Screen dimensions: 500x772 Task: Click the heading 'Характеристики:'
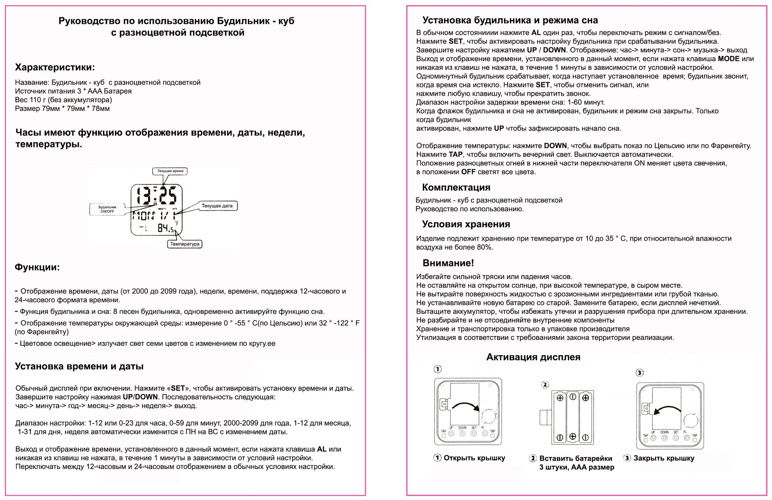[54, 68]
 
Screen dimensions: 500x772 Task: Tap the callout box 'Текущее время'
[170, 171]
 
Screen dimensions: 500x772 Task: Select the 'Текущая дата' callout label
[217, 206]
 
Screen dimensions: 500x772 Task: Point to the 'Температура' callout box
[185, 244]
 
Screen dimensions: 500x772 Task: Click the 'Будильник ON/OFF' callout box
[107, 209]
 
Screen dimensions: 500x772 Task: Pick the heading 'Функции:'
[37, 267]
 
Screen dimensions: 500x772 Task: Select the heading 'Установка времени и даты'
[79, 366]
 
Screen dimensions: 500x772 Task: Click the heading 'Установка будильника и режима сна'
[510, 20]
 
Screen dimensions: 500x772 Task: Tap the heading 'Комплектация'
[456, 187]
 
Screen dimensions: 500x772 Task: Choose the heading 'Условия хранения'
[466, 224]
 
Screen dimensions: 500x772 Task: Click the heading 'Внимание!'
[448, 263]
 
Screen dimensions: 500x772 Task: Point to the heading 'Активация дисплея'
[533, 357]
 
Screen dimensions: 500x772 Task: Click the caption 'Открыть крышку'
[474, 458]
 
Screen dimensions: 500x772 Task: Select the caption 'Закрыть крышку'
[664, 458]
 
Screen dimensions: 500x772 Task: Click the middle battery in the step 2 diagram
[573, 417]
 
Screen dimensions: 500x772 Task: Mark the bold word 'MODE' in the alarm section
[728, 59]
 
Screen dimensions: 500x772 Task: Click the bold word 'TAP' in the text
[455, 154]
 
